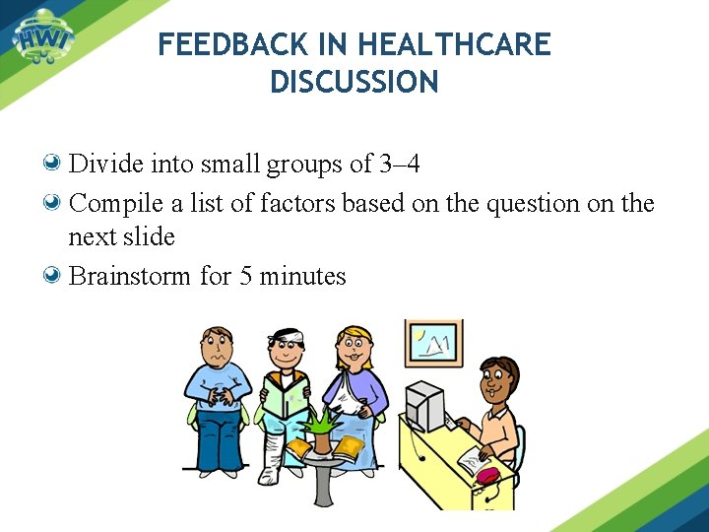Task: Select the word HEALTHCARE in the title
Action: (x=454, y=44)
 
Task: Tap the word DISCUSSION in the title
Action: (x=354, y=83)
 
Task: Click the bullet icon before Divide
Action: (x=55, y=163)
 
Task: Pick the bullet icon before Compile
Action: (x=55, y=203)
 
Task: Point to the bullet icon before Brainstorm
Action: (x=55, y=276)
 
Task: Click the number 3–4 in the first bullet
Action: (x=400, y=164)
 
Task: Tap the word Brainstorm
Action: (x=130, y=277)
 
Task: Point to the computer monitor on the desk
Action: (x=425, y=404)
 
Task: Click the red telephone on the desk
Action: (x=487, y=474)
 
